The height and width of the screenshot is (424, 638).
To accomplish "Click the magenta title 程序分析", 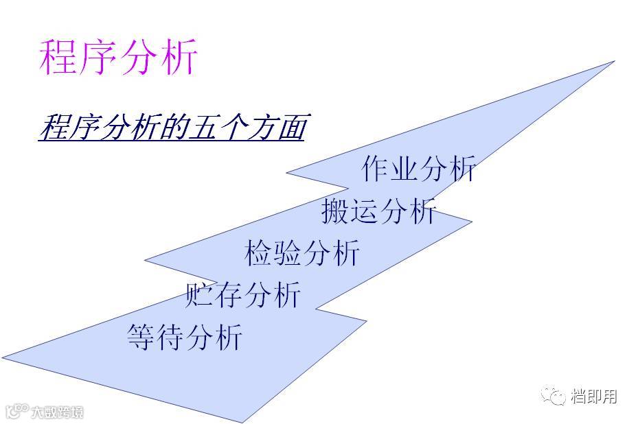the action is click(x=118, y=57).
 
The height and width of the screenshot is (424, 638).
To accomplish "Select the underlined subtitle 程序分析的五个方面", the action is click(x=171, y=127).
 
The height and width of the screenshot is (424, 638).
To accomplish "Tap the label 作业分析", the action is click(x=418, y=169).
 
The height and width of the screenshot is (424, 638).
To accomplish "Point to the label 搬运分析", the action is click(x=378, y=211).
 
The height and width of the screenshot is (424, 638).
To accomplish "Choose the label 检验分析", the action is click(x=302, y=253).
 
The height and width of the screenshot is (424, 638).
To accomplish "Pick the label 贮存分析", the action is click(x=243, y=295).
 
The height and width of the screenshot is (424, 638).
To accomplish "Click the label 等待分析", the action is click(x=185, y=337).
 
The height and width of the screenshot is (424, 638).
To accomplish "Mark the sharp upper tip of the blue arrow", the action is click(x=612, y=62).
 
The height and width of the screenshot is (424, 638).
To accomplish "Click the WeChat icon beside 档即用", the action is click(x=552, y=397).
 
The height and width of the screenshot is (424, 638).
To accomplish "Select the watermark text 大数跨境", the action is click(x=57, y=412).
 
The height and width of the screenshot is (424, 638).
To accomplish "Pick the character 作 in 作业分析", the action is click(x=375, y=169).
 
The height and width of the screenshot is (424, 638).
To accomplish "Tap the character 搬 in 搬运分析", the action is click(x=335, y=211).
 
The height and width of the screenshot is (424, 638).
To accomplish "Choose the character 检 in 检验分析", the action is click(x=259, y=253).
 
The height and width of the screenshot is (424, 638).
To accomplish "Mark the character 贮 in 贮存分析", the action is click(x=200, y=295).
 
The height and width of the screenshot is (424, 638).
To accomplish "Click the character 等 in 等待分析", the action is click(x=141, y=337).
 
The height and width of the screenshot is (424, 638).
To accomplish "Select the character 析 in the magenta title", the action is click(x=177, y=57).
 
